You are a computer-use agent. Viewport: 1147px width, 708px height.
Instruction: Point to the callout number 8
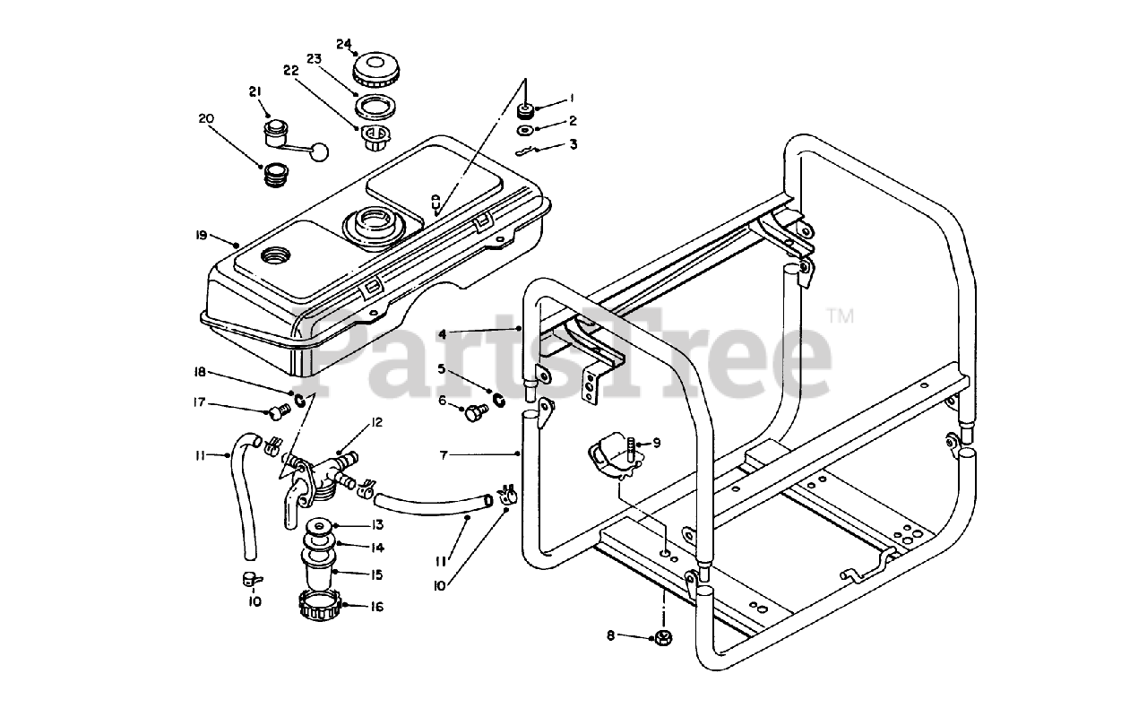point(611,635)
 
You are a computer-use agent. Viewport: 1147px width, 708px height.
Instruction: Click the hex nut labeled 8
point(665,638)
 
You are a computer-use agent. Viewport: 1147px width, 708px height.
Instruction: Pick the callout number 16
point(376,607)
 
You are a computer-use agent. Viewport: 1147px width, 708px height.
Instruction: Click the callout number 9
point(656,442)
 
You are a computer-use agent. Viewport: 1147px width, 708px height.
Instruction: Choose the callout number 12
point(378,422)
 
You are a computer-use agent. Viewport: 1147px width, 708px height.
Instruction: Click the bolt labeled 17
point(277,411)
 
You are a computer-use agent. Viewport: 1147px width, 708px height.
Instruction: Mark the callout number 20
point(206,118)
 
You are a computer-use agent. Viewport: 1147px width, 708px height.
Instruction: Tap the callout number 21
point(254,91)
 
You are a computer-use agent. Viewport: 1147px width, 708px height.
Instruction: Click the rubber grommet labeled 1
point(527,112)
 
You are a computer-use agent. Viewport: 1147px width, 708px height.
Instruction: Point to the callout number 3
point(573,143)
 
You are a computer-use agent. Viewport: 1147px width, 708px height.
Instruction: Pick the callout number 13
point(378,525)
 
